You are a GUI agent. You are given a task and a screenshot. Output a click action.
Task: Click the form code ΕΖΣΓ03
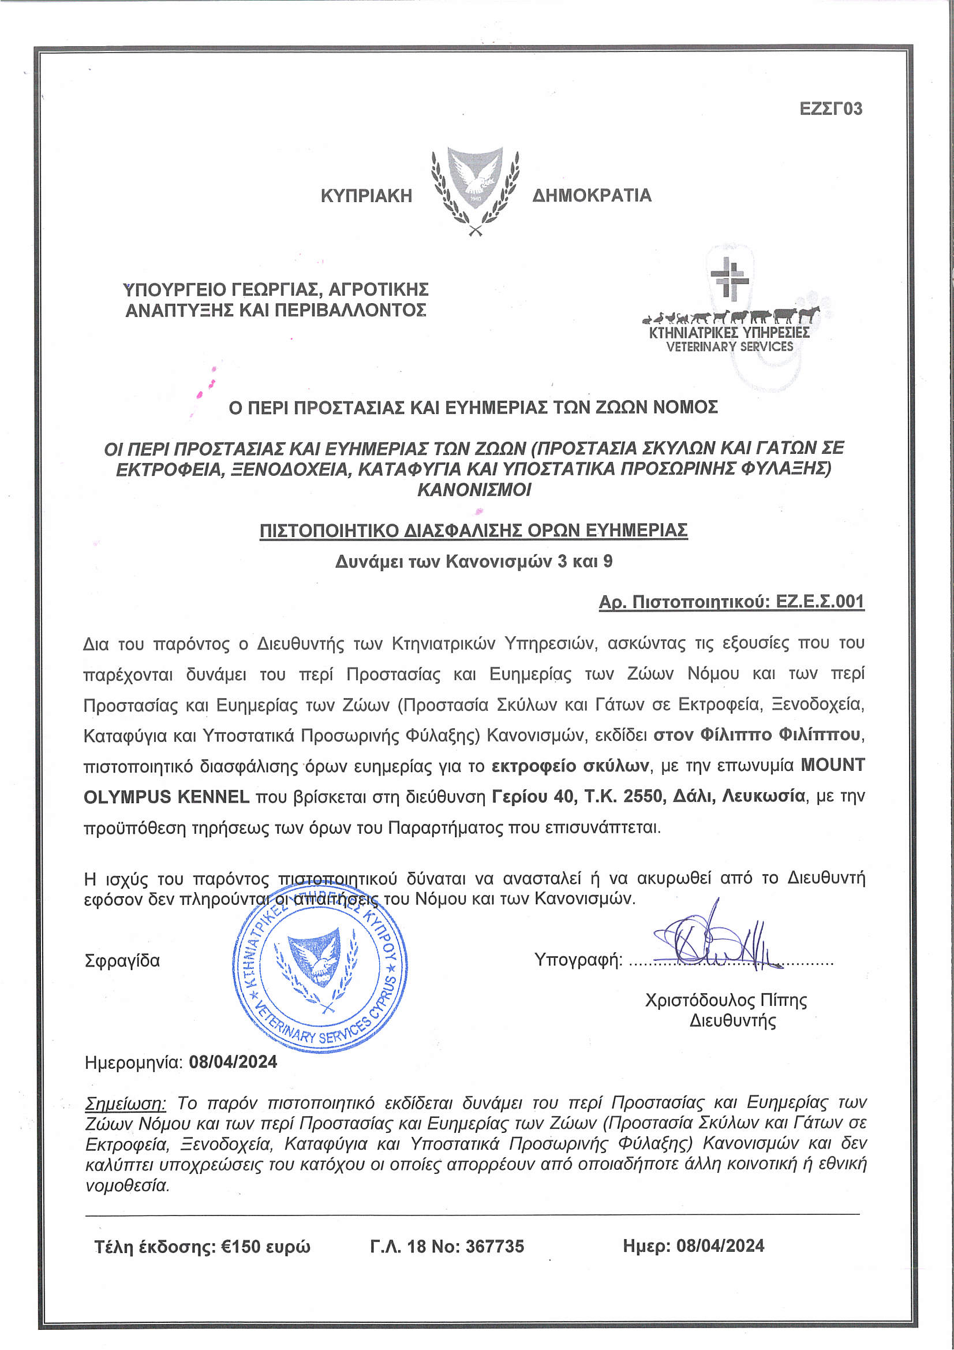click(830, 109)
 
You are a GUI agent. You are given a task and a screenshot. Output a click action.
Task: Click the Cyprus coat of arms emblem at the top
click(475, 190)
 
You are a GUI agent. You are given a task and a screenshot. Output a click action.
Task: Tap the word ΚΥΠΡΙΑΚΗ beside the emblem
click(366, 196)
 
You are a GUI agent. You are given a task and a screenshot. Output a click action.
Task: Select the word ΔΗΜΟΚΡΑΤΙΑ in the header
click(592, 196)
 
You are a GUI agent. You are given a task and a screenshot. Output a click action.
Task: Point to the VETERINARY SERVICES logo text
click(729, 347)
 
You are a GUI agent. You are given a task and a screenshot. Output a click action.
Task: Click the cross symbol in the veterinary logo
click(729, 277)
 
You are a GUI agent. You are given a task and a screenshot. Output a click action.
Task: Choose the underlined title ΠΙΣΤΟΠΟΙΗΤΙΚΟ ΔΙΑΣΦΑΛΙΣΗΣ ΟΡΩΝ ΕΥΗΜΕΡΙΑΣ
click(473, 530)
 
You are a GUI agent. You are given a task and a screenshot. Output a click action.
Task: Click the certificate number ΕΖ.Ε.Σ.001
click(820, 602)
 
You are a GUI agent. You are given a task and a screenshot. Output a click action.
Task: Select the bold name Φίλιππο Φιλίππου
click(758, 734)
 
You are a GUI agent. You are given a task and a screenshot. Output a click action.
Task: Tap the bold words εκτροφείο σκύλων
click(570, 766)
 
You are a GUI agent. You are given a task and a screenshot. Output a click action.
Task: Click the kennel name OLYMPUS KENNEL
click(166, 797)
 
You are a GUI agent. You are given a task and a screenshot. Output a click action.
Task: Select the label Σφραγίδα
click(122, 961)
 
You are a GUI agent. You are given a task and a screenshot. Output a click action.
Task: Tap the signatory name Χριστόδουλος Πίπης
click(725, 1000)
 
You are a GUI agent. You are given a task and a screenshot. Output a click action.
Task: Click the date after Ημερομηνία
click(233, 1062)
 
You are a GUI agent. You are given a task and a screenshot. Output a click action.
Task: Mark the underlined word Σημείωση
click(126, 1102)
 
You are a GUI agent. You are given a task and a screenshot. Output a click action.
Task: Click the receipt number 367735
click(495, 1246)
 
